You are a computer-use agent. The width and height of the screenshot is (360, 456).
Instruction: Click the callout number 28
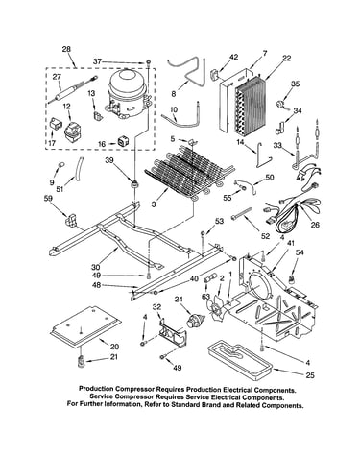click(x=66, y=49)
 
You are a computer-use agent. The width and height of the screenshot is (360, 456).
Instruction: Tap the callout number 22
click(x=286, y=58)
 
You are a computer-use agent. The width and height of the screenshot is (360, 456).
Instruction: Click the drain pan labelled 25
click(x=239, y=358)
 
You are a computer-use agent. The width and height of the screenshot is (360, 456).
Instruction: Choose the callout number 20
click(x=114, y=347)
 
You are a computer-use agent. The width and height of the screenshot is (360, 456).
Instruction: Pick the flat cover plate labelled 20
click(x=85, y=326)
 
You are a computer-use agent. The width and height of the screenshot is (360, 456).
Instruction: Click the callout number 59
click(x=48, y=199)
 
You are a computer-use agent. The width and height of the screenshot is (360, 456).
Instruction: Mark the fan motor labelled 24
click(x=195, y=321)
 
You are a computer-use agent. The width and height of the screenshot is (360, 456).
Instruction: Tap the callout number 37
click(x=97, y=61)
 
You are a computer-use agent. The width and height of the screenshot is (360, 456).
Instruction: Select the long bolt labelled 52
click(x=241, y=214)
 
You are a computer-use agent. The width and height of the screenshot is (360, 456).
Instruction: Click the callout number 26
click(x=315, y=225)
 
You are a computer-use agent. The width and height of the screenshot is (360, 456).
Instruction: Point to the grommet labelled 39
click(x=135, y=184)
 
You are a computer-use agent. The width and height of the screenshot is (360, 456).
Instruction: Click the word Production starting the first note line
click(x=96, y=390)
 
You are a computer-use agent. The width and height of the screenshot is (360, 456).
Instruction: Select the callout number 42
click(x=233, y=58)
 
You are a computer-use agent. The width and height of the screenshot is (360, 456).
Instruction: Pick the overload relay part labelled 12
click(x=73, y=131)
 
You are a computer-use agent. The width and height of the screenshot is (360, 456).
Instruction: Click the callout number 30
click(x=96, y=266)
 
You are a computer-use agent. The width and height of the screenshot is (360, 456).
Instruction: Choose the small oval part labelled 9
click(x=60, y=165)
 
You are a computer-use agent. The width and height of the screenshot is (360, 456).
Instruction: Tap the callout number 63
click(x=204, y=296)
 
